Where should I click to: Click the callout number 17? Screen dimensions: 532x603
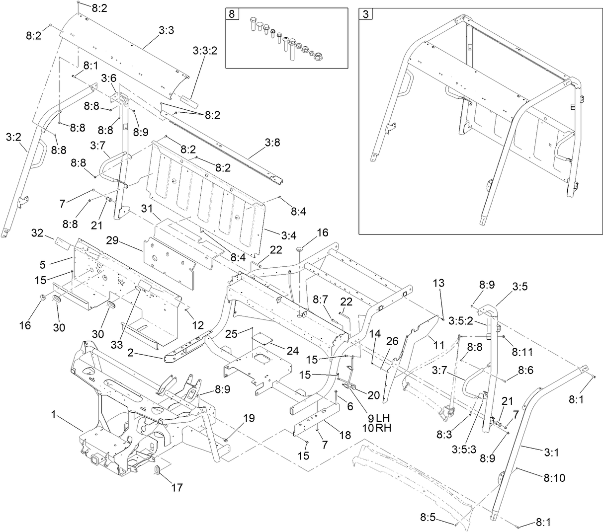click(x=177, y=487)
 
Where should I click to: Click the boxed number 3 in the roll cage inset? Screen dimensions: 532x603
click(x=365, y=14)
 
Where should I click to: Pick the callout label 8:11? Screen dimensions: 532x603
click(x=522, y=352)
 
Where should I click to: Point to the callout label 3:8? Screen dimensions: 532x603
click(x=272, y=143)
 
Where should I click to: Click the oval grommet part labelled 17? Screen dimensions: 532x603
click(x=158, y=470)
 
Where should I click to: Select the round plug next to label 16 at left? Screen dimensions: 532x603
click(x=42, y=297)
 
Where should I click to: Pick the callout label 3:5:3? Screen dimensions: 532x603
click(x=464, y=449)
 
